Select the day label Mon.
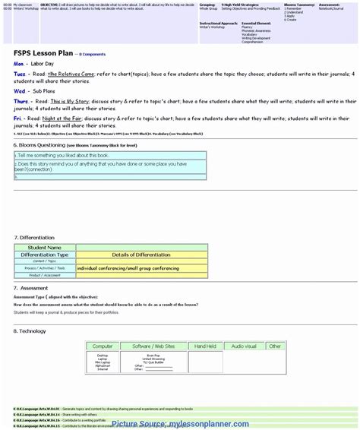pos(19,64)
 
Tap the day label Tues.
pos(21,74)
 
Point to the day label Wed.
pos(20,90)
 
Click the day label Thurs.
pos(21,100)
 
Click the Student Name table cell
pos(45,248)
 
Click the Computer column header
pos(103,346)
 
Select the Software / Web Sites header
pos(153,346)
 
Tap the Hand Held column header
pos(205,346)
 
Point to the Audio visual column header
pos(244,346)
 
